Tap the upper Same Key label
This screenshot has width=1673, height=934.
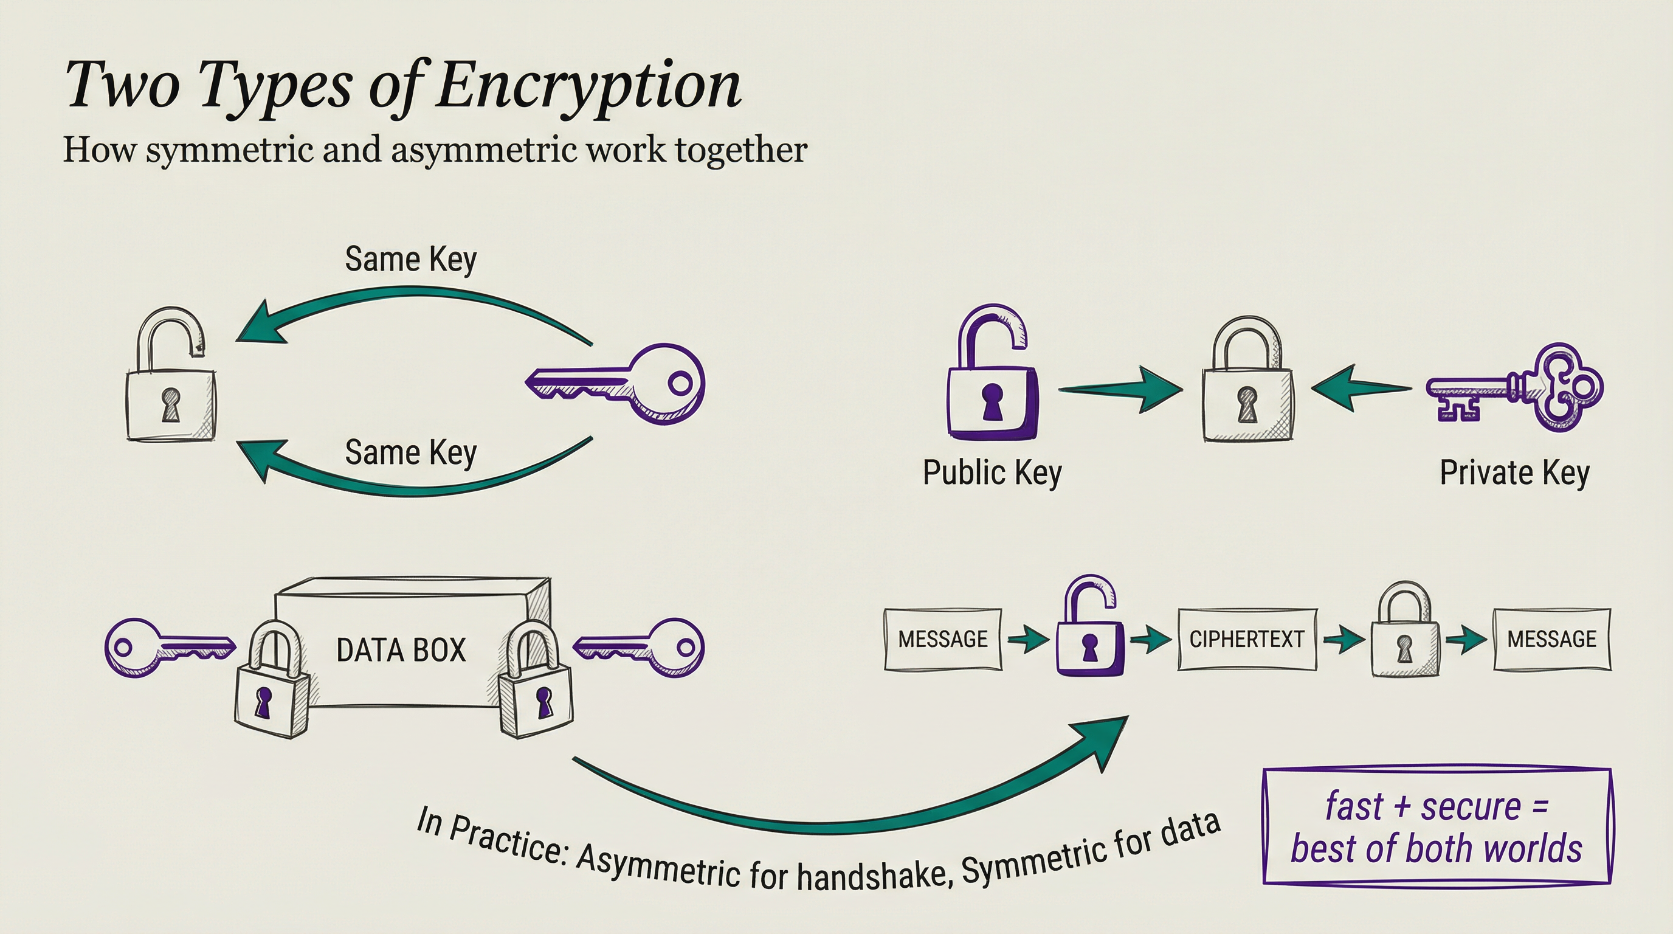coord(410,260)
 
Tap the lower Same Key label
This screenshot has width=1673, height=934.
coord(410,453)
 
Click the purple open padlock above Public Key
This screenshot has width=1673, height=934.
coord(991,377)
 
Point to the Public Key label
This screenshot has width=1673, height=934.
coord(992,473)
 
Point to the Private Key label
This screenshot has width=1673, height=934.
coord(1514,473)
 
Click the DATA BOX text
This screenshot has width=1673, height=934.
coord(401,650)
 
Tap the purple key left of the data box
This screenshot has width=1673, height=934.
coord(165,648)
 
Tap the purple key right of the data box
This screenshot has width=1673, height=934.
coord(643,648)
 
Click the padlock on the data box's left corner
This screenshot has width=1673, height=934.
coord(270,682)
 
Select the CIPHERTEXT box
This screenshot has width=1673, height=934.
coord(1247,640)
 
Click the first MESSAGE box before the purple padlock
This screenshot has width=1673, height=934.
coord(942,640)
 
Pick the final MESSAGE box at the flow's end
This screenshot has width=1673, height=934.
coord(1551,640)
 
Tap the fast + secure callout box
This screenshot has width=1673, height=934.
coord(1437,827)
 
